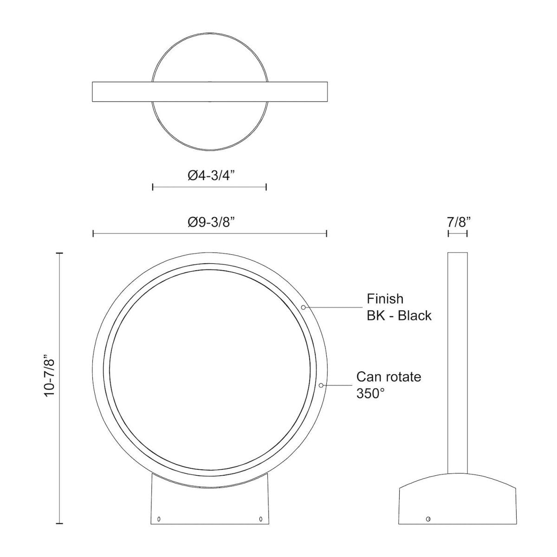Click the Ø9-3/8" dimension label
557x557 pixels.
(210, 222)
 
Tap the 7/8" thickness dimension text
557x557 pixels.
(458, 222)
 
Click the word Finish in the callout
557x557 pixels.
(385, 298)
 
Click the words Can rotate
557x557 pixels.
(389, 376)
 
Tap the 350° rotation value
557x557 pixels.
(371, 394)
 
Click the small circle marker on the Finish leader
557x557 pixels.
(304, 307)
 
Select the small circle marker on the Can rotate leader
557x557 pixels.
(321, 385)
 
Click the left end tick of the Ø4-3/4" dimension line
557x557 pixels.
(153, 187)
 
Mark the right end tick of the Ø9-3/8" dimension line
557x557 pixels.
(327, 233)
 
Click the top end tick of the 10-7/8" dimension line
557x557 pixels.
(59, 253)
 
